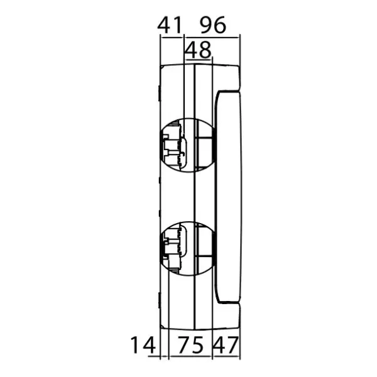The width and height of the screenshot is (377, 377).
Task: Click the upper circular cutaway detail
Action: click(187, 145)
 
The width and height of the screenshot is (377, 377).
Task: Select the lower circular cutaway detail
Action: click(187, 248)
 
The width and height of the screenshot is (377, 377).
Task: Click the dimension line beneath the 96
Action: click(211, 37)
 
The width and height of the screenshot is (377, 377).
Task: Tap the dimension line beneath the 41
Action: click(172, 37)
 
